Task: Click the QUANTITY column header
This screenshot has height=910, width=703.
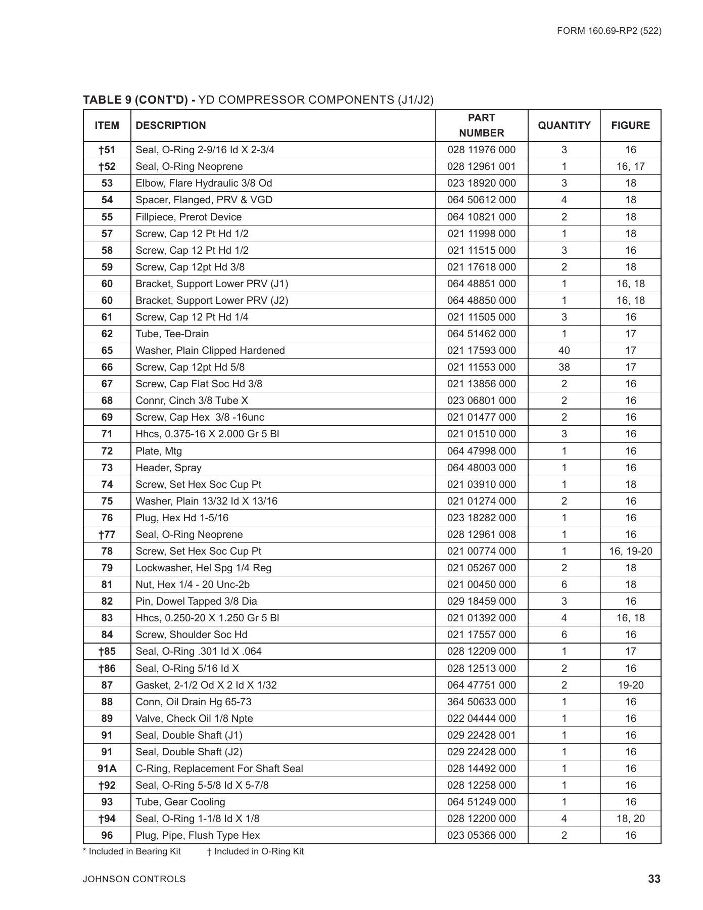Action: pyautogui.click(x=564, y=125)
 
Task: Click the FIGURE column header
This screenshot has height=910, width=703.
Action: pyautogui.click(x=630, y=125)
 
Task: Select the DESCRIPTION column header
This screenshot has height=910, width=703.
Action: pyautogui.click(x=171, y=125)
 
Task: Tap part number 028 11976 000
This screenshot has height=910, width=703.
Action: pyautogui.click(x=481, y=150)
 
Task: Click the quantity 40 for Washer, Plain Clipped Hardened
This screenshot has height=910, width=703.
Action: pyautogui.click(x=564, y=350)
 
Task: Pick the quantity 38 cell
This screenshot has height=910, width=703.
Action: pyautogui.click(x=564, y=367)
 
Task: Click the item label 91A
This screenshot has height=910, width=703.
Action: pyautogui.click(x=107, y=768)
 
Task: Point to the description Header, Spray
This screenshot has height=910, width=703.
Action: pyautogui.click(x=168, y=468)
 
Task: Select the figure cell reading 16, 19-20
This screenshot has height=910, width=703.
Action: pyautogui.click(x=630, y=551)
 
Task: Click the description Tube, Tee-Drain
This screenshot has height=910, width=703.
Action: pyautogui.click(x=172, y=334)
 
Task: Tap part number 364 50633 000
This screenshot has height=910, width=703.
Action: pyautogui.click(x=481, y=702)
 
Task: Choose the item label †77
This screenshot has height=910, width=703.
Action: pyautogui.click(x=107, y=534)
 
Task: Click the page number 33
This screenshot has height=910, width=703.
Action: pyautogui.click(x=654, y=879)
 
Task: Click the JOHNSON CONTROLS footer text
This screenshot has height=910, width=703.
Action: pyautogui.click(x=134, y=879)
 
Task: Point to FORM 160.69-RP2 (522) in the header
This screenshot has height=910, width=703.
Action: pyautogui.click(x=609, y=31)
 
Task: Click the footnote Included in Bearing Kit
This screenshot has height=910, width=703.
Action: pyautogui.click(x=134, y=851)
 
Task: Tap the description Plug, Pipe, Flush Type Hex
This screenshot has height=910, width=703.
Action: pyautogui.click(x=198, y=835)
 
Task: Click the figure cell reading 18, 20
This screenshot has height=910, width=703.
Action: pyautogui.click(x=630, y=818)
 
